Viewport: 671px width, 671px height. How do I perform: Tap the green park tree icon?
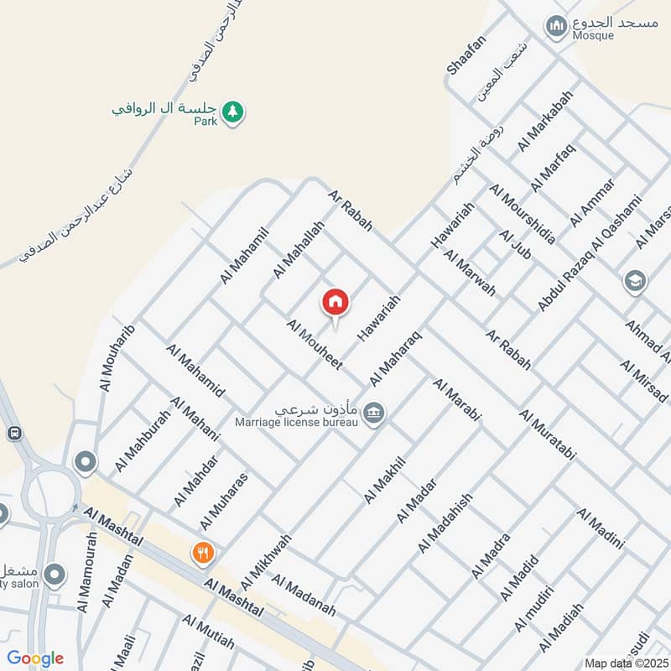[x=233, y=112]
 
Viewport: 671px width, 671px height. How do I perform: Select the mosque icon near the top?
[x=555, y=28]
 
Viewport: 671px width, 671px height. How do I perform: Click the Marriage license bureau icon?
[x=375, y=411]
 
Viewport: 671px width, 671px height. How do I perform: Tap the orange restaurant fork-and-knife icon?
[x=202, y=553]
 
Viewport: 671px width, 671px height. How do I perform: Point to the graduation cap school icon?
[x=635, y=280]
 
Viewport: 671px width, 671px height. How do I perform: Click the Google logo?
[x=35, y=658]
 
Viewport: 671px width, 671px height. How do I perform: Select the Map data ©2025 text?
[x=625, y=663]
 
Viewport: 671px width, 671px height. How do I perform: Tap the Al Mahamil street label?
[x=244, y=254]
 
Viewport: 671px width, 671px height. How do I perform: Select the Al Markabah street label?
[x=545, y=121]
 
